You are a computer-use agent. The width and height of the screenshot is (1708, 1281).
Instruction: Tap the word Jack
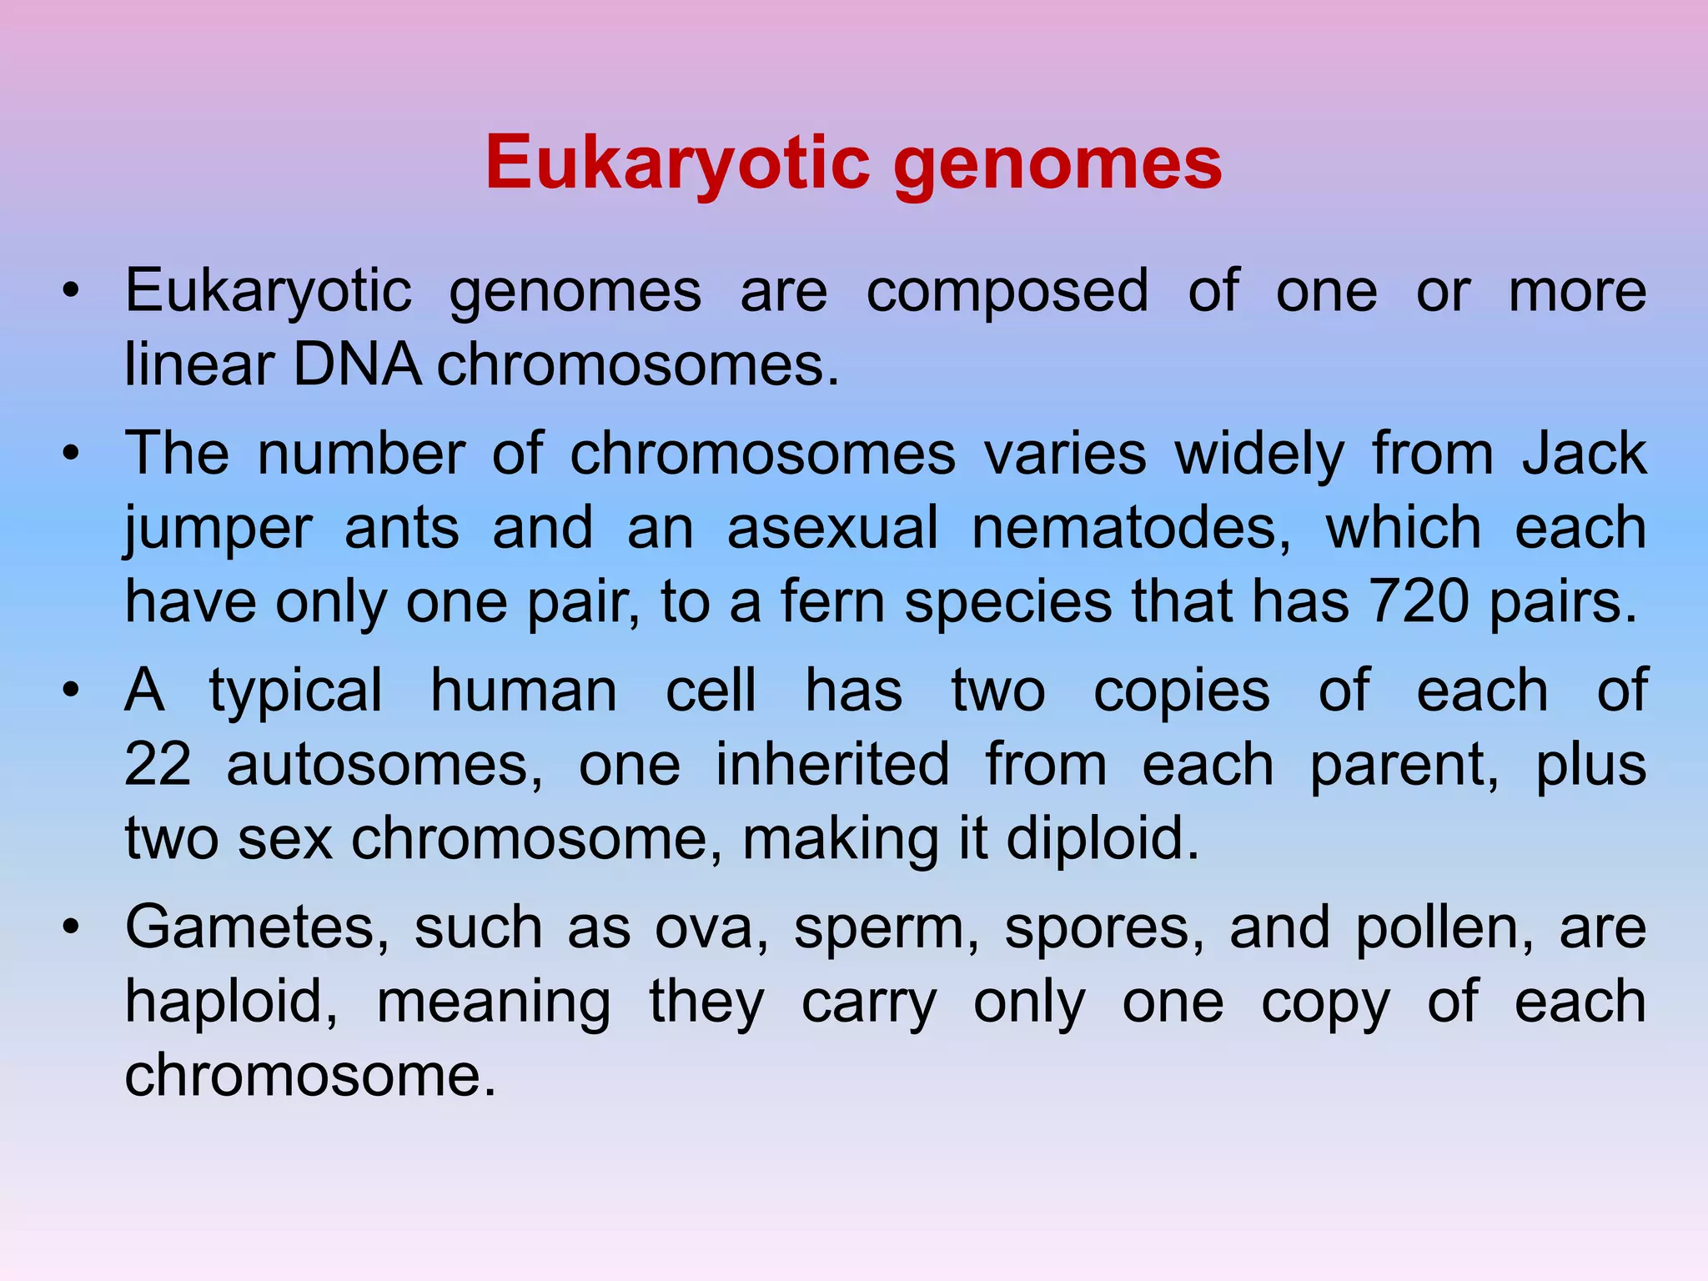(x=1584, y=455)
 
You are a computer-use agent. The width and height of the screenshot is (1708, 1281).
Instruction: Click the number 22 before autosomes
(x=158, y=764)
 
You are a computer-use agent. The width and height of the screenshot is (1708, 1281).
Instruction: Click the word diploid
(x=1103, y=838)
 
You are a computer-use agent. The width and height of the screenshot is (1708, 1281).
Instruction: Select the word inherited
(x=832, y=764)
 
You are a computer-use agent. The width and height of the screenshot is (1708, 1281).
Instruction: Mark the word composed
(x=1007, y=292)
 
